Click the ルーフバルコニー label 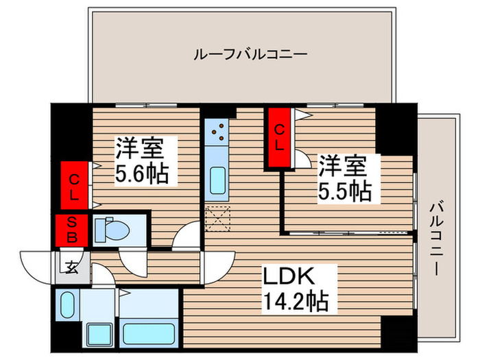250,55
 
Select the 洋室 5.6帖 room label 142,160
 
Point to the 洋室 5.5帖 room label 345,178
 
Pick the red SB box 72,230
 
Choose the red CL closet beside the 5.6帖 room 74,185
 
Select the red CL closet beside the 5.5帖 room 278,138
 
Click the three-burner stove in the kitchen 217,132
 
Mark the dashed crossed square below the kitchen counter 218,219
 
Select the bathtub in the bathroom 149,334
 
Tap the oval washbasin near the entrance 67,305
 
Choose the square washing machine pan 99,335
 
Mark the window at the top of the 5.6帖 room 146,106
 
